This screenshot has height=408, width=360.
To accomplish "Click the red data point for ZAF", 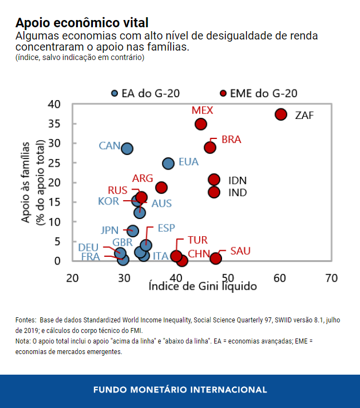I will [280, 115].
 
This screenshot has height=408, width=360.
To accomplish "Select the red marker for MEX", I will [201, 124].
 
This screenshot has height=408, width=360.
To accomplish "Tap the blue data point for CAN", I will [127, 148].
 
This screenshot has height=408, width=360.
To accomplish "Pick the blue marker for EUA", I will [169, 163].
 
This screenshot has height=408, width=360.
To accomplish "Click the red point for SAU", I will [216, 258].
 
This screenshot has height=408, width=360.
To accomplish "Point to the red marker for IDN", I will [214, 179].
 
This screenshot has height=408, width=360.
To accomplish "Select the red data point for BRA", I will [210, 147].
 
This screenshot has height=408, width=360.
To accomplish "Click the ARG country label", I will [142, 178].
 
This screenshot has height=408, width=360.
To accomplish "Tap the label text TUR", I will [197, 240].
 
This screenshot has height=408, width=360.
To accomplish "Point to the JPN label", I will [110, 230].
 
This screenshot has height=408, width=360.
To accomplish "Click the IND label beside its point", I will [238, 192].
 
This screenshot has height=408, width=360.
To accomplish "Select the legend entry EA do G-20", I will [145, 93].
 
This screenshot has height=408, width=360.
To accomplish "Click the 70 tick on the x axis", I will [332, 278].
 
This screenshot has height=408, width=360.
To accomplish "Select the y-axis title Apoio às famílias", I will [26, 182].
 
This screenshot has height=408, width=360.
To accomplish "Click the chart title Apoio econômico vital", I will [82, 23].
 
